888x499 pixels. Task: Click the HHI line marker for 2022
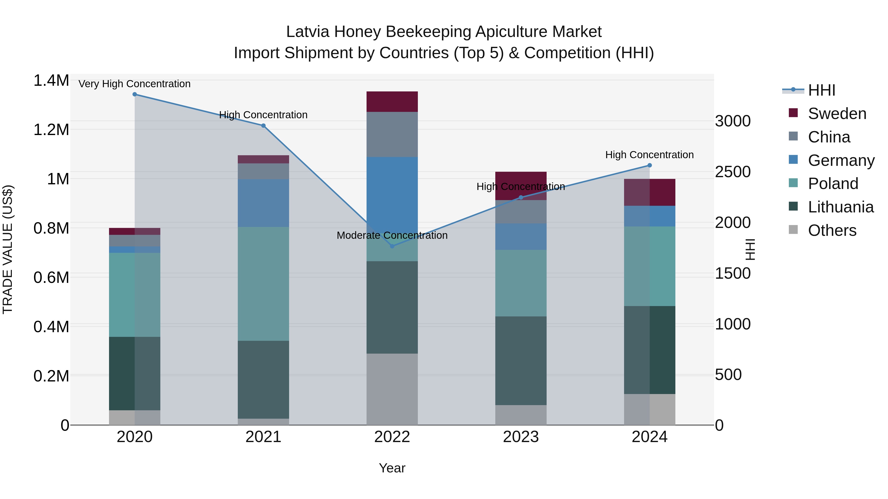pos(392,246)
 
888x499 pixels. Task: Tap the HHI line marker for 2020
pos(135,94)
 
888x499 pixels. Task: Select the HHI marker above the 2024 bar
pos(649,165)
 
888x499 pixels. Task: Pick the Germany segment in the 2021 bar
pos(263,203)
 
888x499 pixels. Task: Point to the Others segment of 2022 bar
pos(392,389)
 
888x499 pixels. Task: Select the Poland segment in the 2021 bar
pos(263,284)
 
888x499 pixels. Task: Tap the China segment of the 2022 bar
pos(392,134)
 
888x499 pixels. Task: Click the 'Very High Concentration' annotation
pos(134,84)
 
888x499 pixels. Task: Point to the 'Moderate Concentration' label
pos(392,235)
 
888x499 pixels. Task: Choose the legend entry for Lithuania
pos(840,207)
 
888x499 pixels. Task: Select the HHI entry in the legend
pos(821,90)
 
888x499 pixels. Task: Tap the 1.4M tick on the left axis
pos(51,81)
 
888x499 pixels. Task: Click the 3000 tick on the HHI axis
pos(733,121)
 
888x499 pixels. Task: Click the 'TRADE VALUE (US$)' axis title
pos(8,249)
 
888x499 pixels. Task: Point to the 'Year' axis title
pos(392,468)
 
